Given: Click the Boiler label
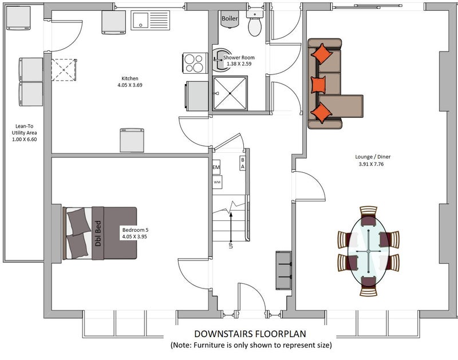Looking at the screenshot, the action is pos(230,18).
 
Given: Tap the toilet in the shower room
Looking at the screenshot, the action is pos(255,23).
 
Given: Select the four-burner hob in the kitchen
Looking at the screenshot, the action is pos(195,63).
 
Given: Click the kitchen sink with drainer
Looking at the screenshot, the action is pos(150,20).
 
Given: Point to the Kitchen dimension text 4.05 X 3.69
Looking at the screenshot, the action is pos(130,85).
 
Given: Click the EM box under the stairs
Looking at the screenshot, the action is pos(216,167).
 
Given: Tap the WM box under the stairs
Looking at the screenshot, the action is pos(217,182).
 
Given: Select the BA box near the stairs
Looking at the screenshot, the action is pos(242,163).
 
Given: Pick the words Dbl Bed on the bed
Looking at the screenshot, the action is pos(98,234).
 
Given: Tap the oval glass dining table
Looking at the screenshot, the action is pos(369,251).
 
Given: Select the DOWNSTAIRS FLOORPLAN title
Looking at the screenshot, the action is pos(250,334).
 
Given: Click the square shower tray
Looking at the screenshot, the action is pos(230,93).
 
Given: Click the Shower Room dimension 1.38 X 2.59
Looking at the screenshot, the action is pos(239,64).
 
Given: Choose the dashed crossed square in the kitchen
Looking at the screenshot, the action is pos(64,70).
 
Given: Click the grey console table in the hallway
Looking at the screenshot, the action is pos(283,270).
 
